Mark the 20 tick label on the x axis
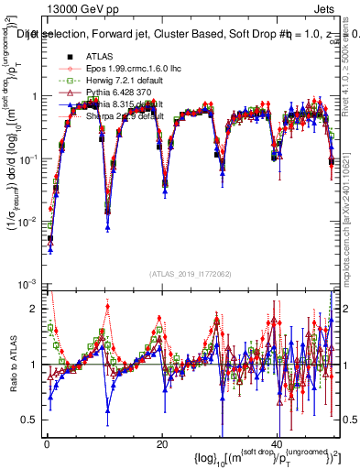pyautogui.click(x=162, y=444)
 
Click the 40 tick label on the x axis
pyautogui.click(x=278, y=444)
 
